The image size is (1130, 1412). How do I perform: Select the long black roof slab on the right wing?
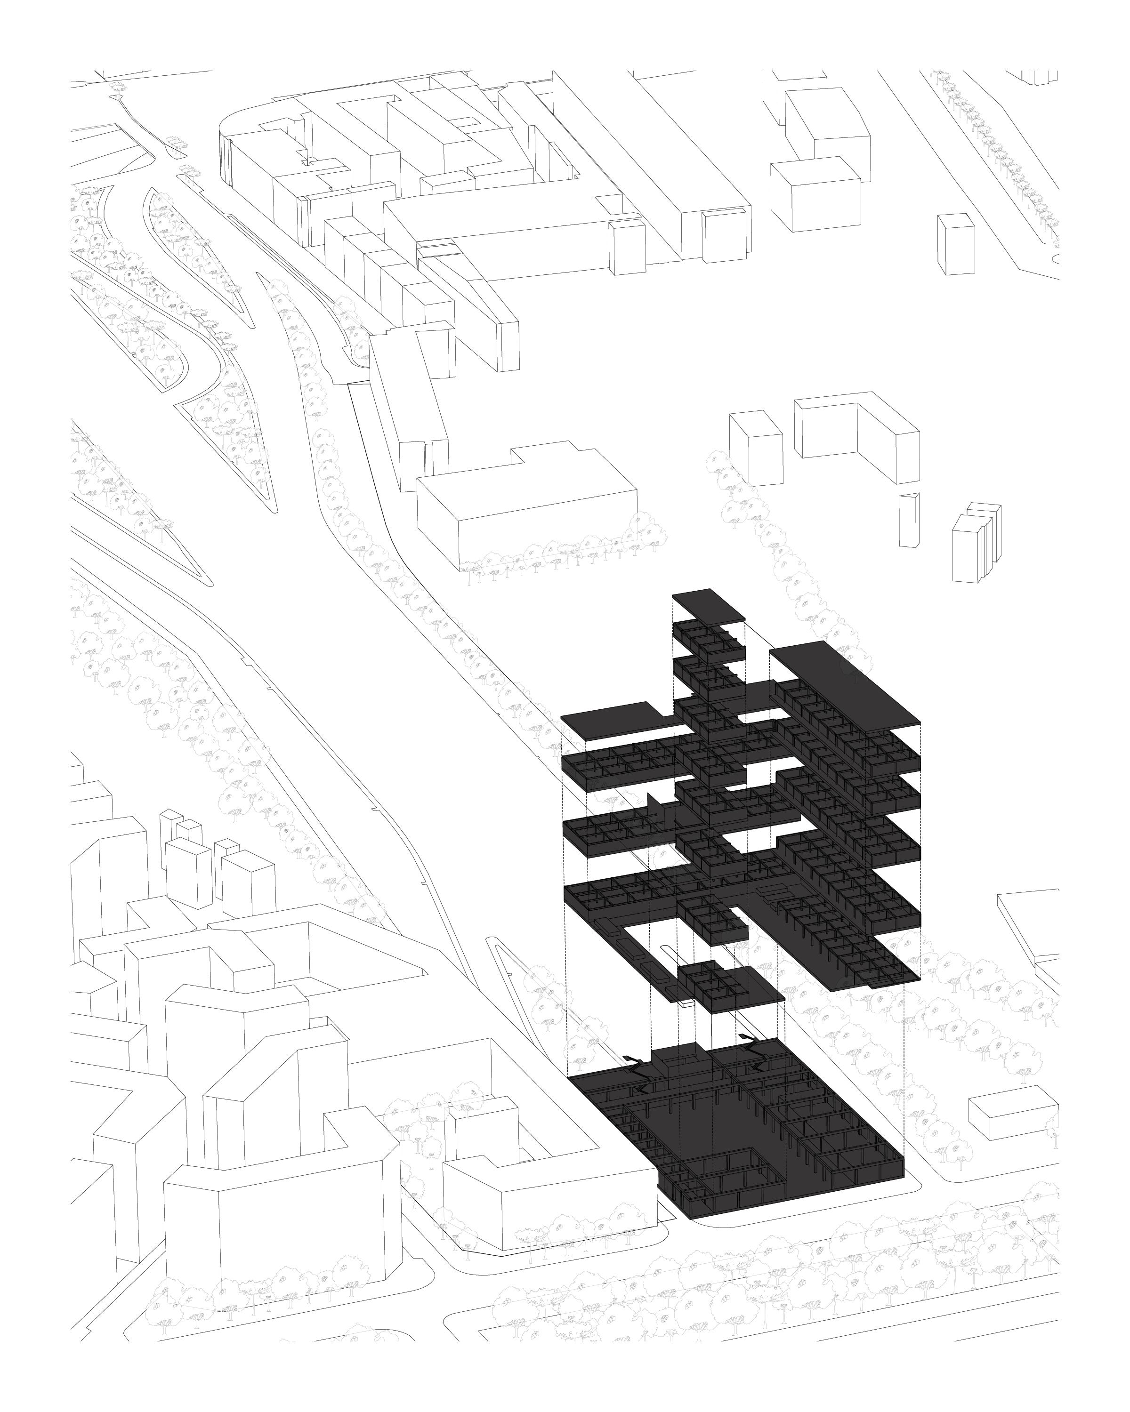point(845,684)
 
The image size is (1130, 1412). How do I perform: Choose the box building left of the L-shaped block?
point(757,449)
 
